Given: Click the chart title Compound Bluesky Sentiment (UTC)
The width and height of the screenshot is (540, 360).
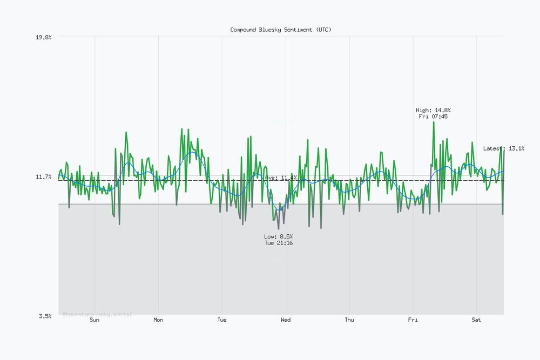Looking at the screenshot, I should (281, 30).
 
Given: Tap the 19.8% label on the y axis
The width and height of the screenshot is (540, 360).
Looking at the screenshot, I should (44, 37).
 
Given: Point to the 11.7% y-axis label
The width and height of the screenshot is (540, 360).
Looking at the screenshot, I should (44, 177).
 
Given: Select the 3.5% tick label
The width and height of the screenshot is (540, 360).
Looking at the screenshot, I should (45, 316).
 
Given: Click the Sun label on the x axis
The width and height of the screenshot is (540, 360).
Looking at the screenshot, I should (94, 320).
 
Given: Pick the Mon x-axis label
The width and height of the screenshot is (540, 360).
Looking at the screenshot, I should (158, 320).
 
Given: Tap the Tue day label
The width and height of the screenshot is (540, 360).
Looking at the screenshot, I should (222, 320).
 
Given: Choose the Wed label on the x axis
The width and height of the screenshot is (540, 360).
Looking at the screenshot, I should (286, 320).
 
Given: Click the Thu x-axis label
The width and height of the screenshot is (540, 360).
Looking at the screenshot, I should (349, 320).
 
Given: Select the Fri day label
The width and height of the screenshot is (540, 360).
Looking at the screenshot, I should (413, 320).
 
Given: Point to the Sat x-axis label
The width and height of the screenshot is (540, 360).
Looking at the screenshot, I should (476, 320).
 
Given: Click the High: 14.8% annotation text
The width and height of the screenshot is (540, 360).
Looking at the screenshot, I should (433, 110).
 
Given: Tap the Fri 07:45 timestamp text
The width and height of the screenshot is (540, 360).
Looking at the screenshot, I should (433, 117).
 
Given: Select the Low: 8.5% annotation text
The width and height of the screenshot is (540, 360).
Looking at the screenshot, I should (279, 237).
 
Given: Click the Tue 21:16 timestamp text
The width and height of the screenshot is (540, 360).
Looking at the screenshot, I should (279, 243).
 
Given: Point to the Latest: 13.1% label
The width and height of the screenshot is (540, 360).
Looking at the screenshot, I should (503, 148).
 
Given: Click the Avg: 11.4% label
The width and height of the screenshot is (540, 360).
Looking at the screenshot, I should (281, 178).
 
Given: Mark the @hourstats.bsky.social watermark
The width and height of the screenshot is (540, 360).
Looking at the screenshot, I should (97, 314).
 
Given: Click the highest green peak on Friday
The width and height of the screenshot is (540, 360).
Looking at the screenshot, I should (433, 122).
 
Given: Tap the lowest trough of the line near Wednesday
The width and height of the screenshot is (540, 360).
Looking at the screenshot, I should (279, 229).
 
